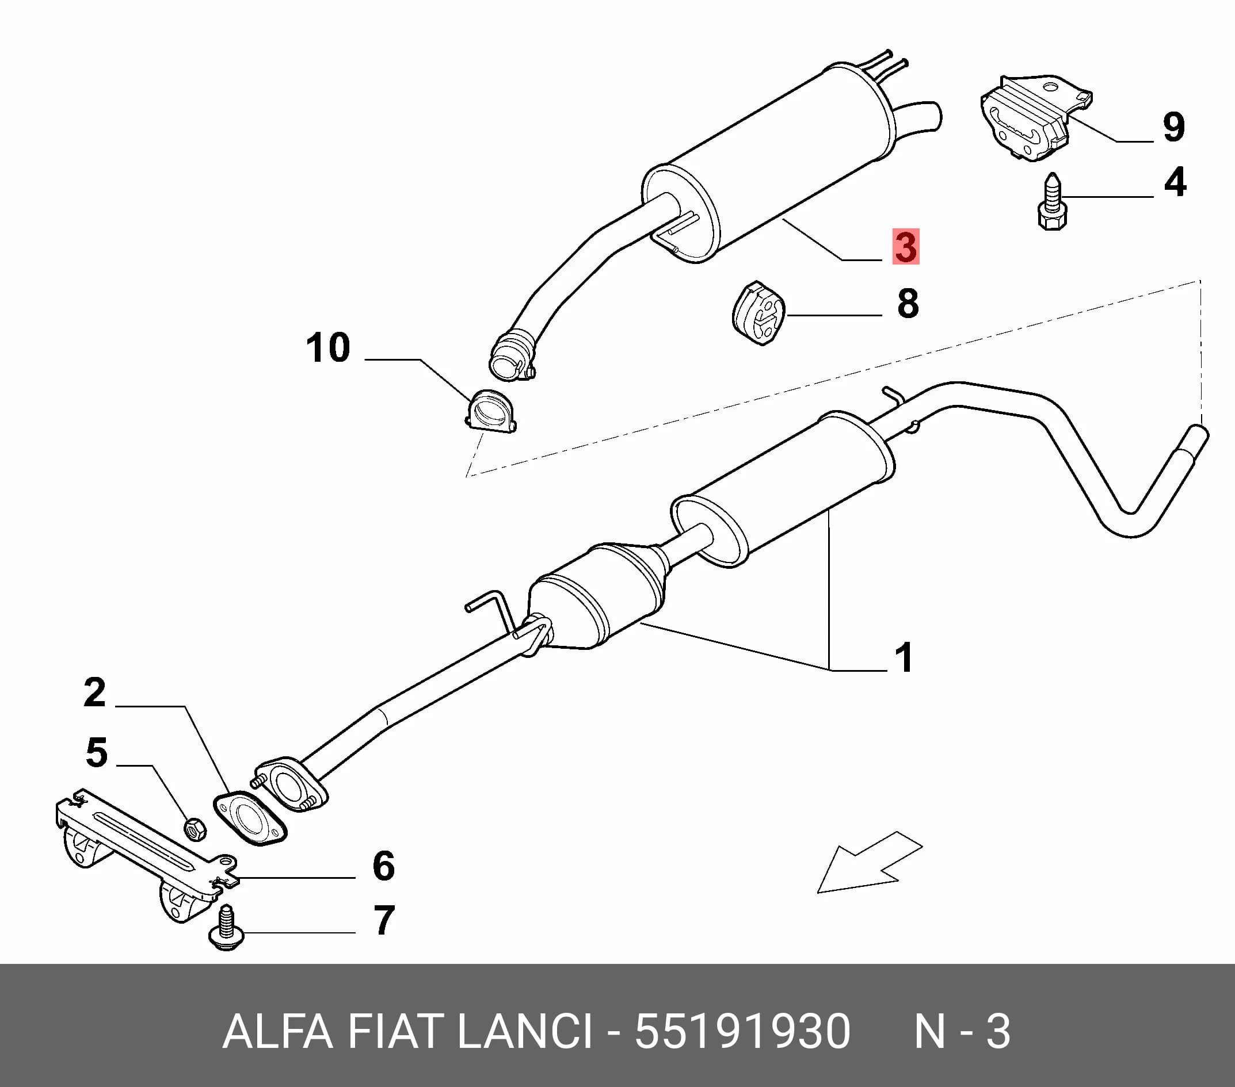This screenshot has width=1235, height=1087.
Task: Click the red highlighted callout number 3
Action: [x=906, y=246]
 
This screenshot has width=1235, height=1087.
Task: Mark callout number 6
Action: [x=384, y=866]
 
